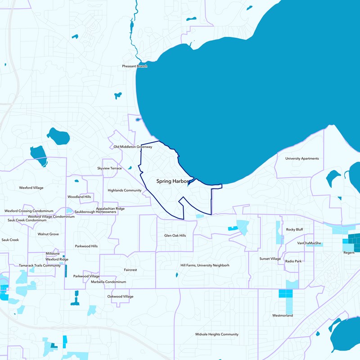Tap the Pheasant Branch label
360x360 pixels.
pos(135,66)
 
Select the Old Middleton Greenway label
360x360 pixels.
pos(133,147)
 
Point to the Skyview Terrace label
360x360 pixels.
pos(109,168)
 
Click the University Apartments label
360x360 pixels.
pos(302,158)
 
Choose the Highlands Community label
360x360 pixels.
pos(125,190)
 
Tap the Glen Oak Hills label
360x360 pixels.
pos(175,235)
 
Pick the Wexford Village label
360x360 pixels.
pos(31,187)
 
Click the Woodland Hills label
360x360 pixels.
pos(79,197)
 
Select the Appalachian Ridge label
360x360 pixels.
pos(110,209)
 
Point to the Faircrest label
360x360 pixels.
pos(130,270)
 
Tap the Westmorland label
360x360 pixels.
pos(283,315)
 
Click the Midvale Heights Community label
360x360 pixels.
pos(217,334)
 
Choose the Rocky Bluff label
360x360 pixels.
pos(294,229)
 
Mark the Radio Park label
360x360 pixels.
pos(293,261)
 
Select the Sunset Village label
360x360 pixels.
pos(270,259)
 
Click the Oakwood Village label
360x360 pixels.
pos(120,297)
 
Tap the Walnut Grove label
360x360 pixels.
pos(48,234)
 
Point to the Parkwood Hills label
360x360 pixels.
pos(86,246)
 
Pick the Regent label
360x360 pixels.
pos(349,253)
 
